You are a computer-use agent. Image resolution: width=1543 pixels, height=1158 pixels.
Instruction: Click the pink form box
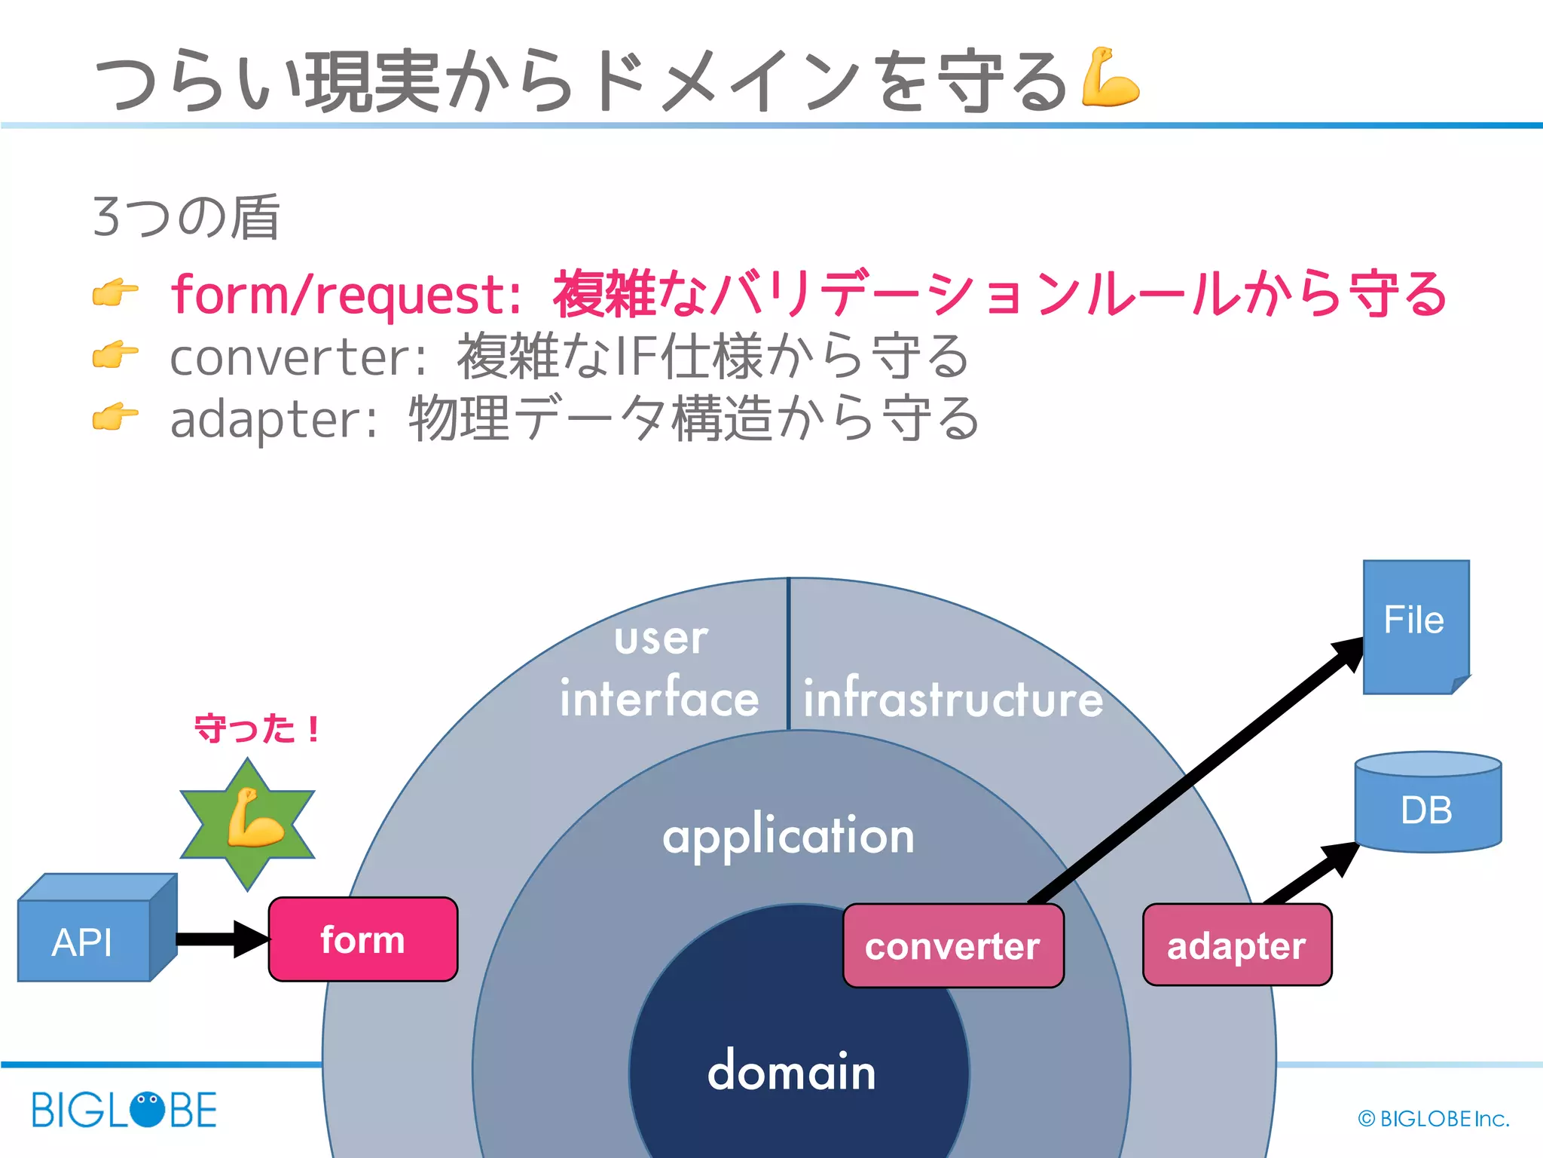click(x=362, y=939)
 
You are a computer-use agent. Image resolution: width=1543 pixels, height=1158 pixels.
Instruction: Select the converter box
click(x=952, y=946)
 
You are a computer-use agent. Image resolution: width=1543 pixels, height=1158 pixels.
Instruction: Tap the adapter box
click(x=1236, y=945)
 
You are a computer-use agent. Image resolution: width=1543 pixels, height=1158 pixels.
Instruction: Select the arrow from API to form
click(x=218, y=939)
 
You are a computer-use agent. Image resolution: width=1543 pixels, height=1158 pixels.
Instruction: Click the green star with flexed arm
click(x=248, y=824)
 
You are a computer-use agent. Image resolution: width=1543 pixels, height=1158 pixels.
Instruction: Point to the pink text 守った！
click(x=257, y=729)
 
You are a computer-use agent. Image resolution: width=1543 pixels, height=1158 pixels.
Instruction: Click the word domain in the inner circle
click(x=791, y=1071)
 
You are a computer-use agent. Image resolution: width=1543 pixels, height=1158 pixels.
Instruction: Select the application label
click(x=788, y=836)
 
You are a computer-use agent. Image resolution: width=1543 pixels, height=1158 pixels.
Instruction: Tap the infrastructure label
click(x=952, y=698)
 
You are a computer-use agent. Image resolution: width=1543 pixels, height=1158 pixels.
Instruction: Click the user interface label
click(x=660, y=668)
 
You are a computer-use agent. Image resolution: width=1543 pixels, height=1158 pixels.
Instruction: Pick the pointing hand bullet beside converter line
click(x=115, y=354)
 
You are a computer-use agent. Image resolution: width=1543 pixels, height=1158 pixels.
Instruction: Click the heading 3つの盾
click(x=185, y=216)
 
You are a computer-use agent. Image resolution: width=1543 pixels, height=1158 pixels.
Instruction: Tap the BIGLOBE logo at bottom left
click(x=124, y=1110)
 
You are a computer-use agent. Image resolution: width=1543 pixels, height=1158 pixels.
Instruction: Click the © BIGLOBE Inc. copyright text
click(x=1433, y=1119)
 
